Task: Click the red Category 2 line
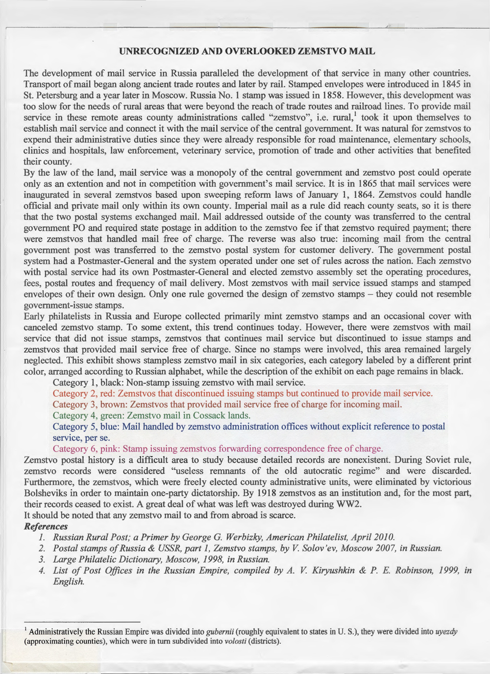click(x=243, y=393)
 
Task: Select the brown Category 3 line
click(x=227, y=404)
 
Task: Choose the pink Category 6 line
click(x=218, y=449)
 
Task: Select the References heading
click(x=46, y=526)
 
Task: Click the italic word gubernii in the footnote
click(x=221, y=632)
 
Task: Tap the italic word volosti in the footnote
click(x=238, y=641)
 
